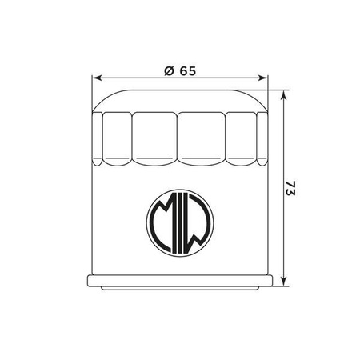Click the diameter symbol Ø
tap(169, 70)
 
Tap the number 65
tap(187, 70)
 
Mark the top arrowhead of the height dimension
tap(284, 93)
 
